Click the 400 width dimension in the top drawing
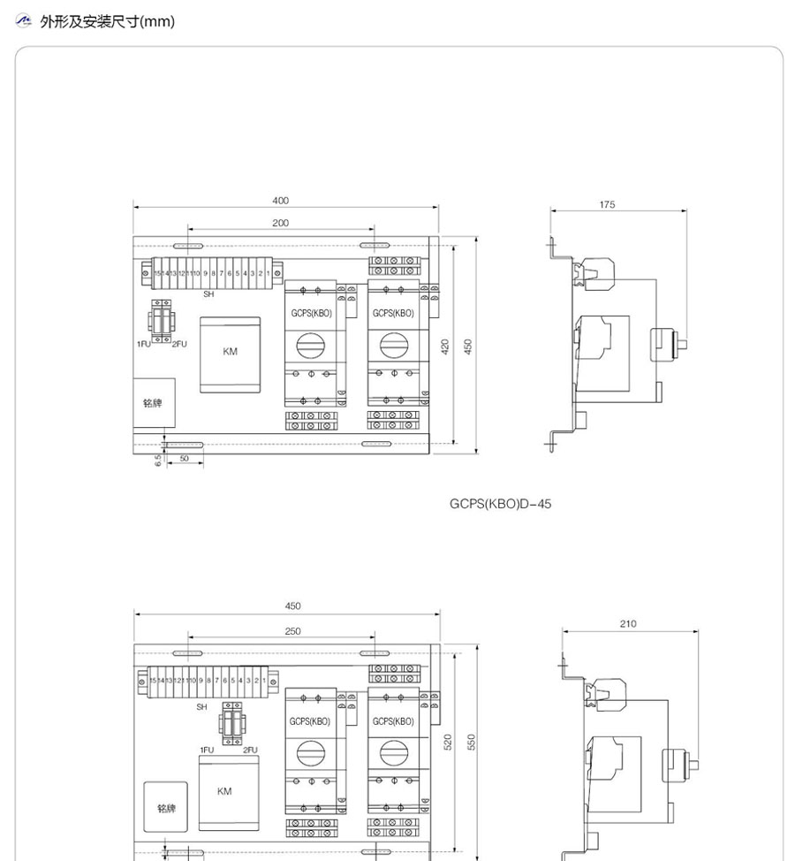click(280, 202)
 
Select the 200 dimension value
click(280, 224)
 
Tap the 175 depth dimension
click(607, 205)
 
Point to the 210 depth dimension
click(627, 624)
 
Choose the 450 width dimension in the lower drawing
click(292, 606)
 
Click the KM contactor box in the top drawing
click(230, 354)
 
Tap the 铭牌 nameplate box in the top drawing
click(153, 403)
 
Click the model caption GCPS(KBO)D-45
click(500, 504)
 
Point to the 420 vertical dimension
click(446, 346)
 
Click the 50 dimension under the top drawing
click(184, 459)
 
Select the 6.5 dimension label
click(158, 461)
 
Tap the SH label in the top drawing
click(208, 293)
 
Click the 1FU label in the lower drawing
click(207, 750)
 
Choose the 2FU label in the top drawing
click(179, 343)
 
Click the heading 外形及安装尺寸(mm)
click(108, 21)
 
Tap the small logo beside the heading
click(25, 20)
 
